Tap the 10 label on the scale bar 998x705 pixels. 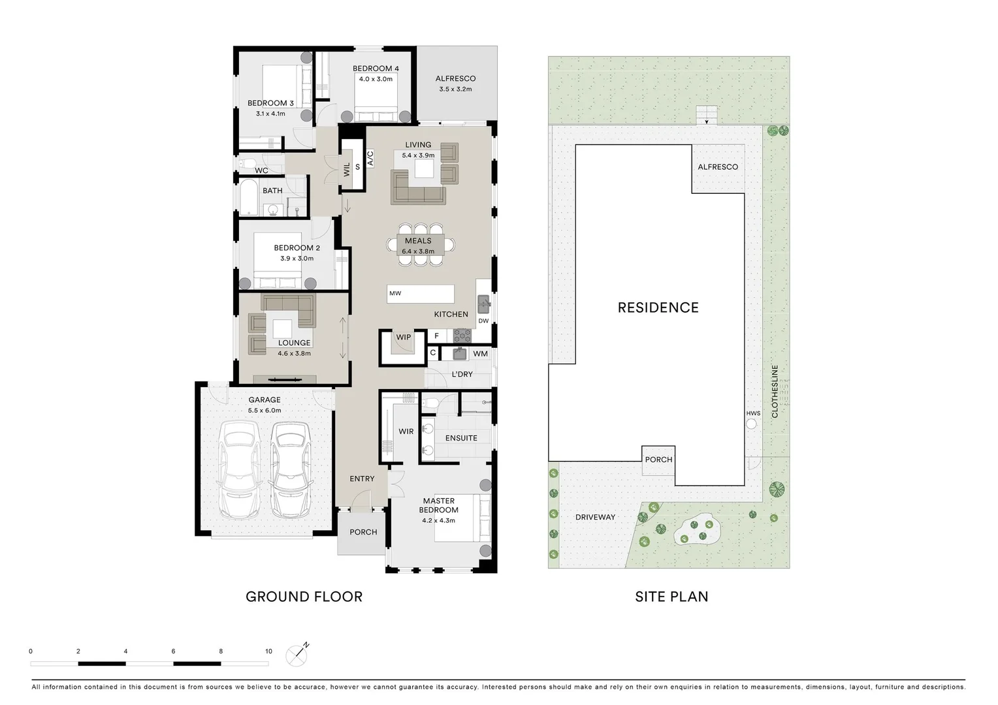tap(268, 651)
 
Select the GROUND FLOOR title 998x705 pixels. tap(304, 597)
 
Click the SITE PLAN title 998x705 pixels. tap(671, 597)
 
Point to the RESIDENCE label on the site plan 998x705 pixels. tap(658, 307)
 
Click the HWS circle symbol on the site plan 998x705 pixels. tap(751, 424)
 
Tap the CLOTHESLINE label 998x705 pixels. tap(775, 392)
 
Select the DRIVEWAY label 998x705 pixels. tap(595, 517)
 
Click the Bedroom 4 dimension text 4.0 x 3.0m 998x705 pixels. tap(376, 79)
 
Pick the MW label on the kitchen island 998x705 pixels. tap(395, 294)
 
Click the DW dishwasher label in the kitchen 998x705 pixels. tap(483, 321)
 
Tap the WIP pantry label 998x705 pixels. tap(404, 337)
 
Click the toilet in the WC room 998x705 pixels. tap(247, 163)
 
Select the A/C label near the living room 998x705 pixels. tap(370, 158)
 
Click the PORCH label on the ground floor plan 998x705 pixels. tap(363, 532)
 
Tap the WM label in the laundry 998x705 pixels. tap(480, 354)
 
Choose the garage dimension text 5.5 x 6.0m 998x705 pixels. tap(265, 411)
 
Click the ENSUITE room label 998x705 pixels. tap(461, 438)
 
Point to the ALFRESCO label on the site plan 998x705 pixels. tap(718, 167)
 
